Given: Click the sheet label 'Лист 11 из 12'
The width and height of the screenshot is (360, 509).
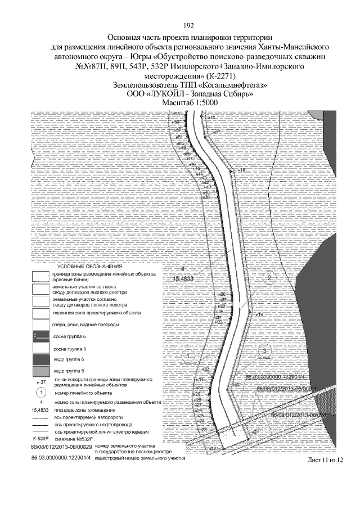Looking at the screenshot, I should tap(325, 460).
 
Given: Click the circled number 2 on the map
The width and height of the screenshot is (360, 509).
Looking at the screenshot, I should tap(270, 278).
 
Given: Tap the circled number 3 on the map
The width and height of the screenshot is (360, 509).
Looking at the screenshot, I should tap(263, 350).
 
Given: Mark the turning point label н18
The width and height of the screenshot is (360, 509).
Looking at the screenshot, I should tap(241, 169).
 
